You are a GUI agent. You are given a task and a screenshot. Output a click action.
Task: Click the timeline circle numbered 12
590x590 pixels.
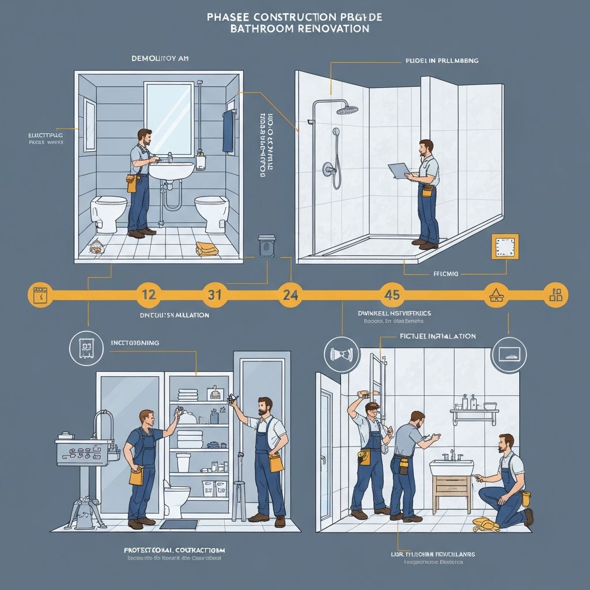click(149, 294)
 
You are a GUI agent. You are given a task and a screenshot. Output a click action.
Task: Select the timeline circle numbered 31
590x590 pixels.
click(214, 294)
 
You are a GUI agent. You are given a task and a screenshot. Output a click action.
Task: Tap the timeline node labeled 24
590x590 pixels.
click(291, 294)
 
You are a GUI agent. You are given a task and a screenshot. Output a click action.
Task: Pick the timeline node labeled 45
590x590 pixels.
click(391, 294)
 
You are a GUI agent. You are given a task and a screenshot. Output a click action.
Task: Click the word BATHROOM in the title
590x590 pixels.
click(264, 28)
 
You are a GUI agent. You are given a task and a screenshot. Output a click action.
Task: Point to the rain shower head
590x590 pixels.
click(347, 109)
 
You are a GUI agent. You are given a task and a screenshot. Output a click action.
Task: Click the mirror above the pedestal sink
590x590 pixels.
click(169, 119)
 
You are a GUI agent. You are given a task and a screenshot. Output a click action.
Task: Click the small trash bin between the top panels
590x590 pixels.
click(266, 245)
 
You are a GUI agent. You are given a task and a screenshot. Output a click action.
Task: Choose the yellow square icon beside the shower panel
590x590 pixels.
click(504, 247)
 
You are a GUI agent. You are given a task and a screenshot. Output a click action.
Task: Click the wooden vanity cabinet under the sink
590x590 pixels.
click(452, 493)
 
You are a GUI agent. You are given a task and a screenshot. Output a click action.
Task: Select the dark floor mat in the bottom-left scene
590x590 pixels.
click(179, 524)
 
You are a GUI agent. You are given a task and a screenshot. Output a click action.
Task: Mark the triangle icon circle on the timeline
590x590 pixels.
click(495, 294)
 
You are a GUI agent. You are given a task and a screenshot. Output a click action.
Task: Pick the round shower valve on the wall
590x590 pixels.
click(328, 169)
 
